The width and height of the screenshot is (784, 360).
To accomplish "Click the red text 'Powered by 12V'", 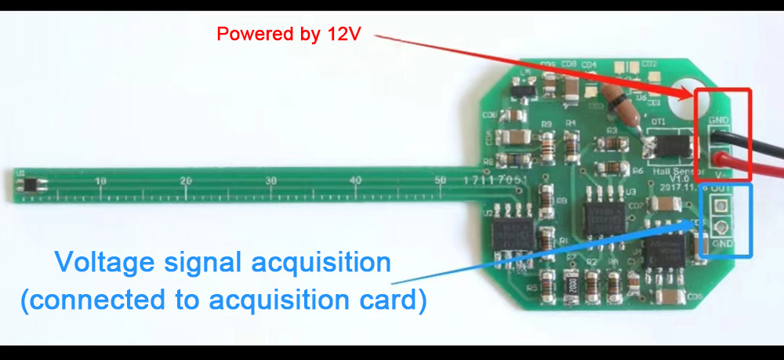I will point(289,35).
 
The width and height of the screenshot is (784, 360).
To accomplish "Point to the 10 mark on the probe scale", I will point(100,181).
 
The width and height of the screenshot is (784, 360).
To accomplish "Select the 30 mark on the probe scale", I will point(270,181).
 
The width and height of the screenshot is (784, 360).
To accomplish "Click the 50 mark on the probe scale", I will point(440,181).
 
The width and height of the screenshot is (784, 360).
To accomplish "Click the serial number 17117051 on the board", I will point(495,180).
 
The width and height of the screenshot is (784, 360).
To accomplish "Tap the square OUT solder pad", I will point(720,206).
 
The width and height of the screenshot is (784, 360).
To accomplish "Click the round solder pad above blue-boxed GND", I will point(720,228).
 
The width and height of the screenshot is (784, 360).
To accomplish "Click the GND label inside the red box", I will point(718,121).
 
